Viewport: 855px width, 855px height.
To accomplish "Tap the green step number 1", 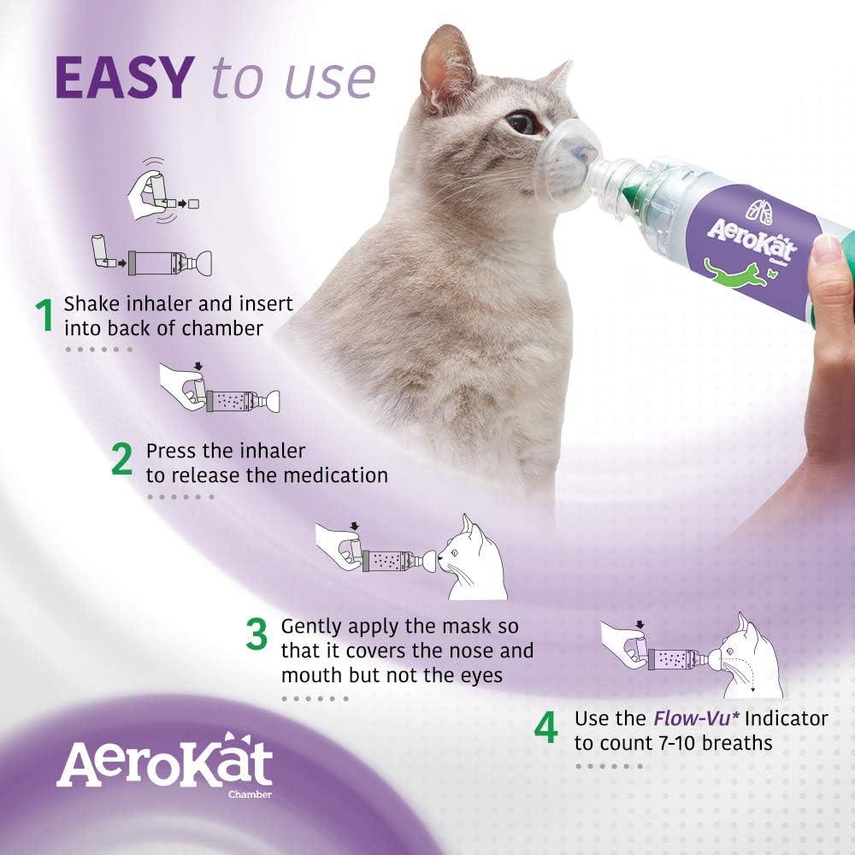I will (43, 315).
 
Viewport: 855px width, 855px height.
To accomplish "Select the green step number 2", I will (122, 461).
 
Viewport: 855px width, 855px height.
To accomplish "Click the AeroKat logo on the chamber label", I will (752, 242).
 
